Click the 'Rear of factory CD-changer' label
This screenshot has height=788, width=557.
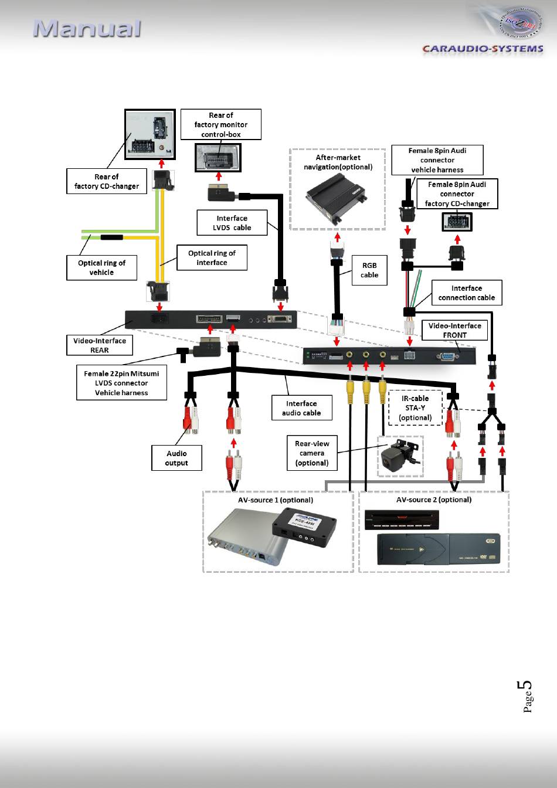click(106, 181)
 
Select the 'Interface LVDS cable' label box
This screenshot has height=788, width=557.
click(232, 223)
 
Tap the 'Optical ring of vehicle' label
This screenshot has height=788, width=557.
click(101, 267)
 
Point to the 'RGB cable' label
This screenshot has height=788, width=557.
click(369, 270)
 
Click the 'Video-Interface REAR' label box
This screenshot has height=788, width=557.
click(99, 345)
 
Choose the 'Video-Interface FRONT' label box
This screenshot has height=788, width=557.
click(454, 330)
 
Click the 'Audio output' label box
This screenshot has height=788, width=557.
click(176, 458)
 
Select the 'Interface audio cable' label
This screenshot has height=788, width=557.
click(301, 408)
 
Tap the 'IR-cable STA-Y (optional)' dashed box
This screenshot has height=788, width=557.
click(415, 408)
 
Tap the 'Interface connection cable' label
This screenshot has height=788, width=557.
click(466, 293)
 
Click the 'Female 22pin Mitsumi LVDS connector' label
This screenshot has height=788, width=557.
click(121, 383)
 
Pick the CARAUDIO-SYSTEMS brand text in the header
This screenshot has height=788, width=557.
click(483, 49)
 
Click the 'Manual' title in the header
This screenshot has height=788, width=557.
click(87, 29)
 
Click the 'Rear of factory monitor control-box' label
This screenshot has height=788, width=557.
click(220, 124)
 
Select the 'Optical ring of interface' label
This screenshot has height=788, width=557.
click(212, 258)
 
